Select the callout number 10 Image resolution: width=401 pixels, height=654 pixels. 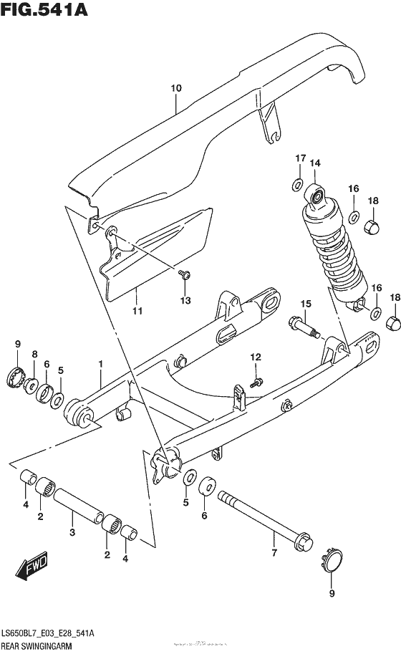coord(176,88)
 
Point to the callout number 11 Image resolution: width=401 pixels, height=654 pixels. coord(137,311)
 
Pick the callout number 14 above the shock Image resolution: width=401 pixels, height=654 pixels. coord(314,164)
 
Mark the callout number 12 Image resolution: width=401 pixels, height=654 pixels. coord(256,357)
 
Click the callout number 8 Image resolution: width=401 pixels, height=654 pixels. coord(34,354)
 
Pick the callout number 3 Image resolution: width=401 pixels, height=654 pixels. coord(71,532)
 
